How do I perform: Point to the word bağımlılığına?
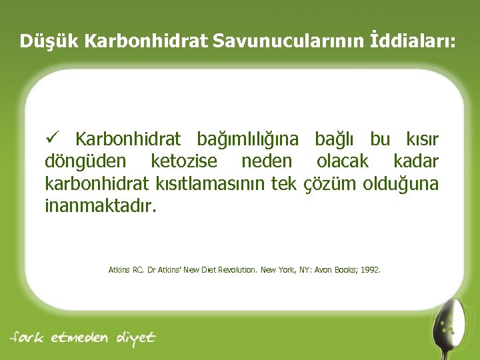[247, 139]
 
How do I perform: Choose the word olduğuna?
[401, 183]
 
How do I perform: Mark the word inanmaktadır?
[100, 205]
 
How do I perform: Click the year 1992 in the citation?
[369, 270]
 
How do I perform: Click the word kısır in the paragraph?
[422, 139]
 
